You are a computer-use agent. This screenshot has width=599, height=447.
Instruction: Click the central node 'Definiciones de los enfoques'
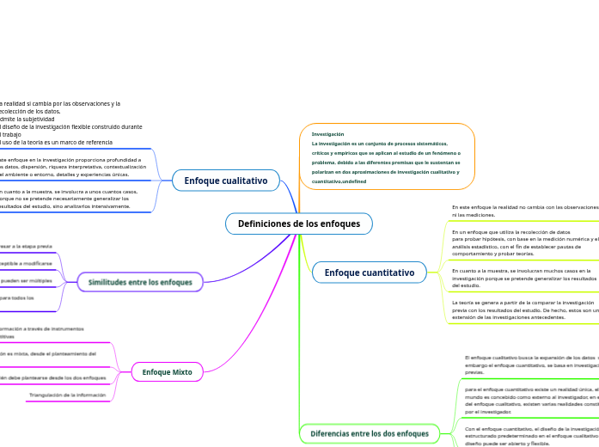298,223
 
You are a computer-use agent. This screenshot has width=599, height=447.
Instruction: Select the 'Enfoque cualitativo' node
226,181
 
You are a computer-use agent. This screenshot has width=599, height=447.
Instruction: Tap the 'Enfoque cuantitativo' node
369,272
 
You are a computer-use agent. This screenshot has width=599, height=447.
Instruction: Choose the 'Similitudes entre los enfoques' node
140,282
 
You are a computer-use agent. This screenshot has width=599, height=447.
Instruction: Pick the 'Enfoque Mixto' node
167,371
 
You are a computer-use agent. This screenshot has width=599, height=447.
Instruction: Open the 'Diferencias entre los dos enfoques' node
369,433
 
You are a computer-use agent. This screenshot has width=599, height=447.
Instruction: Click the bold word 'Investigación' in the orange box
327,134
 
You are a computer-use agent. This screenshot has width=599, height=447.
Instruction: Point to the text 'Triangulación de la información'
73,395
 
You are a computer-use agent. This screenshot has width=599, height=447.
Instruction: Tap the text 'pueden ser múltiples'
26,280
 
